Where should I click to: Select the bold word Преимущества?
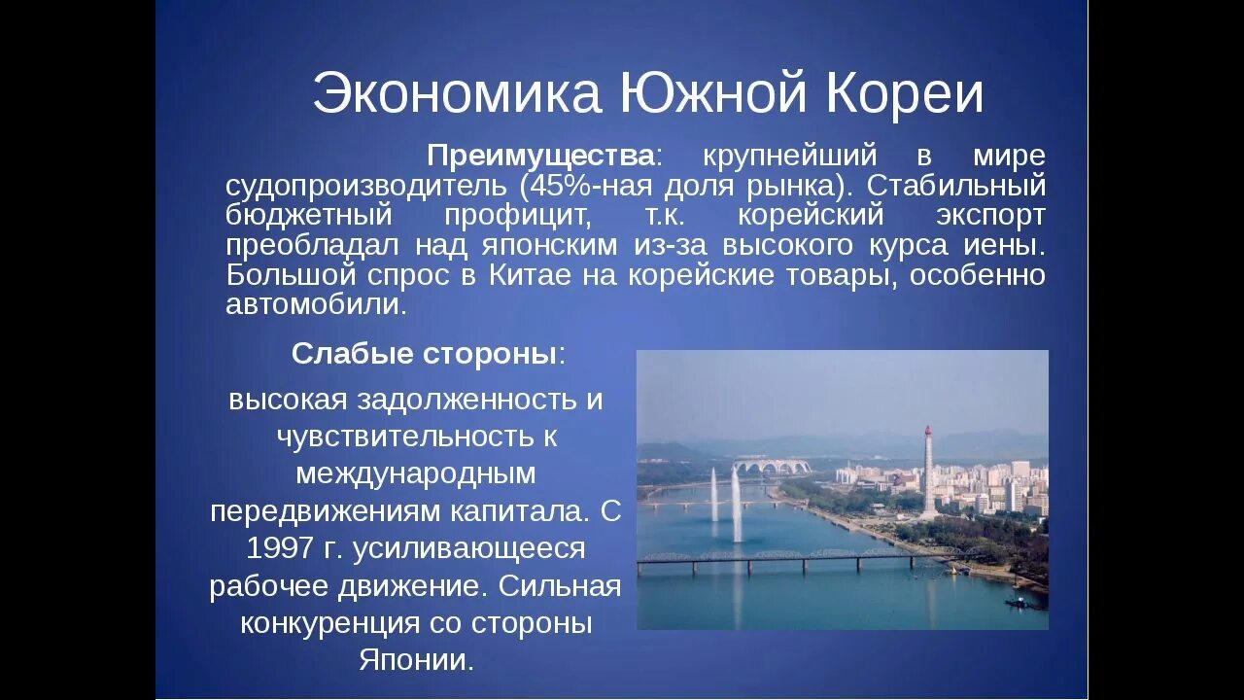click(x=541, y=156)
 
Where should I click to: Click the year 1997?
click(x=283, y=548)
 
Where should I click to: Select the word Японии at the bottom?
click(x=415, y=660)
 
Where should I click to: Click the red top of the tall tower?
click(x=928, y=431)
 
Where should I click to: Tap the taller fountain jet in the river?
click(x=737, y=502)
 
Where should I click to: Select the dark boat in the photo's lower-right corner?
click(x=1015, y=603)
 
